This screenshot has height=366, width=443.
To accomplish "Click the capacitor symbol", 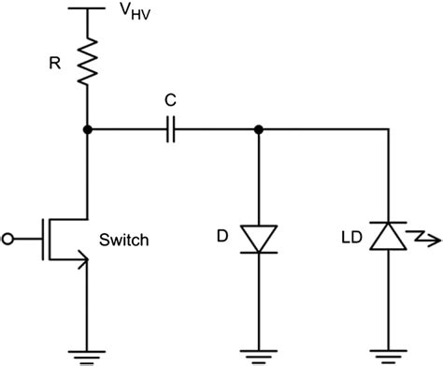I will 170,130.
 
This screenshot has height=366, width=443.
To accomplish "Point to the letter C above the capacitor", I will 170,96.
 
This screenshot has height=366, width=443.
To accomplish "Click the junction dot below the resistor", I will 88,130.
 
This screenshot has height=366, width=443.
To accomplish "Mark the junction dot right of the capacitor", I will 258,130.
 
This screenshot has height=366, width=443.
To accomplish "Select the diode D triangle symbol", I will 258,238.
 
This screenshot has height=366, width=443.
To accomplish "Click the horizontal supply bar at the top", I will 88,8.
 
